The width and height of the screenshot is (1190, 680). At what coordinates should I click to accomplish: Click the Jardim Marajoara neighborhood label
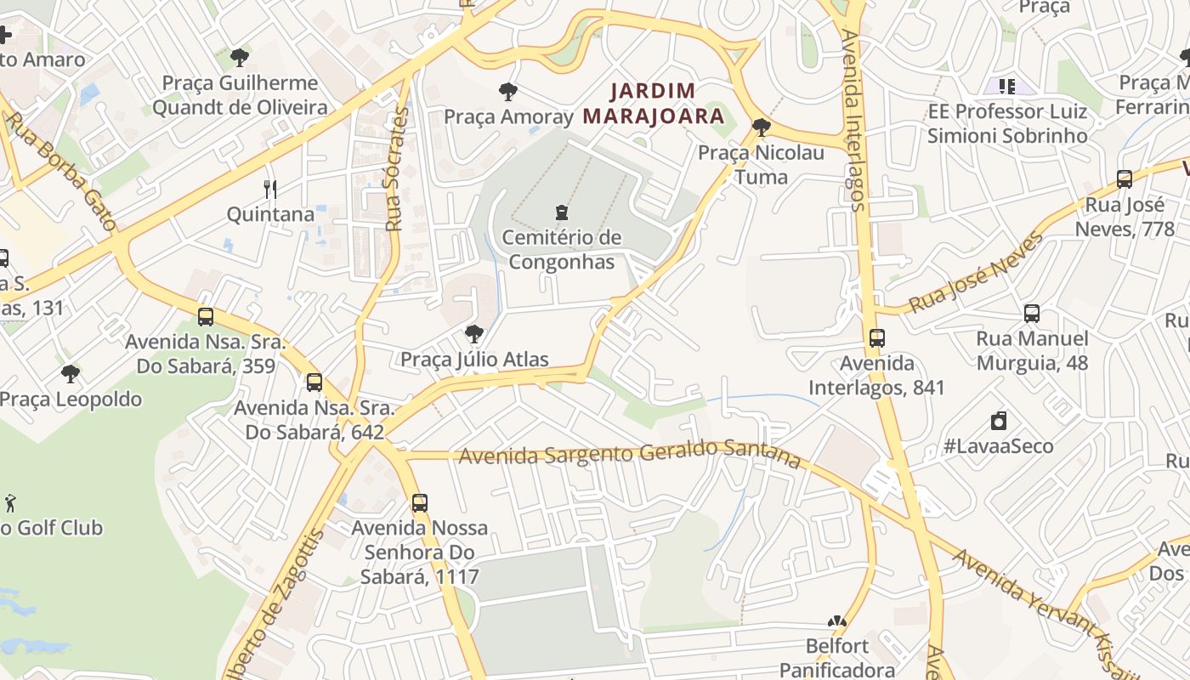point(654,102)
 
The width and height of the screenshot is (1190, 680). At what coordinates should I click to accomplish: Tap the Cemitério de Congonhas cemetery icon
point(561,212)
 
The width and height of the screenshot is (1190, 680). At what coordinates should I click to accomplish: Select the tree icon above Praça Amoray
point(508,91)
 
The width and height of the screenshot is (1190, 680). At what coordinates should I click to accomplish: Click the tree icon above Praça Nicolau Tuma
point(762,127)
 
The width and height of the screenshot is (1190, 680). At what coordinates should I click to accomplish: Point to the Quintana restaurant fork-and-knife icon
point(270,189)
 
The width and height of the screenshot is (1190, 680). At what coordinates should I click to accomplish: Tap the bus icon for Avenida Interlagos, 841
point(877,338)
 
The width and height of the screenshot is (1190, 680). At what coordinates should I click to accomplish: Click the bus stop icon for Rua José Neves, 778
point(1125,178)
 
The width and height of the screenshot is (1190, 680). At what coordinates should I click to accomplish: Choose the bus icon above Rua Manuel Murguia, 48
point(1032,314)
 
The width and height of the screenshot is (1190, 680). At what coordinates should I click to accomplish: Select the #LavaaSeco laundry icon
point(999,421)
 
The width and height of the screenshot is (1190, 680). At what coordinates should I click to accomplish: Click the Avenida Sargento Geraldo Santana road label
point(630,454)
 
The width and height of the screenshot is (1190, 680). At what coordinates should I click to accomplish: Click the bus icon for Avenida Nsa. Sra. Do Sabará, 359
point(206,317)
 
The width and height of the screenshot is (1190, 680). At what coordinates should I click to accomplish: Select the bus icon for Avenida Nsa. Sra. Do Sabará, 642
point(314,382)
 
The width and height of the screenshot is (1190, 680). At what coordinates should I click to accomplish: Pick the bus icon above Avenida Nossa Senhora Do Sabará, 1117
point(420,502)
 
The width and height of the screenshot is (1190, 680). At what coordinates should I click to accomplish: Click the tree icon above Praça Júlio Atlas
point(474,334)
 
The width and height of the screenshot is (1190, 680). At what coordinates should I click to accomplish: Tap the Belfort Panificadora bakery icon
point(837,623)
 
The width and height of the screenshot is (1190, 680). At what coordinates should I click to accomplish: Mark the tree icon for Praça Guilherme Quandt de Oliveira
point(240,58)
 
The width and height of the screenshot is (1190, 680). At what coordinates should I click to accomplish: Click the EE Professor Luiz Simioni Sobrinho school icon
point(1007,86)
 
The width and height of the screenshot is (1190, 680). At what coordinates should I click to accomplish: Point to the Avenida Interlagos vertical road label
point(853,119)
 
